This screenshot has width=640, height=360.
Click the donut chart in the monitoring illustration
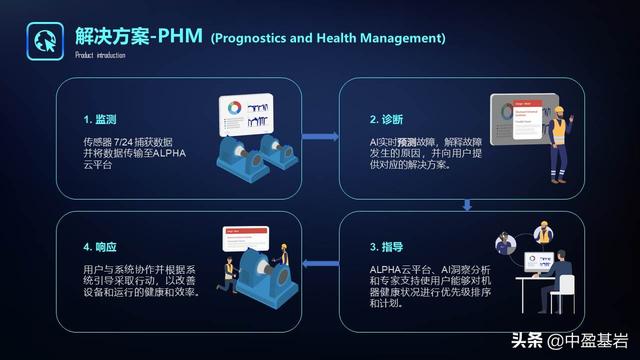pos(230,105)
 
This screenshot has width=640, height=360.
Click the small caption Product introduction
pos(99,55)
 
